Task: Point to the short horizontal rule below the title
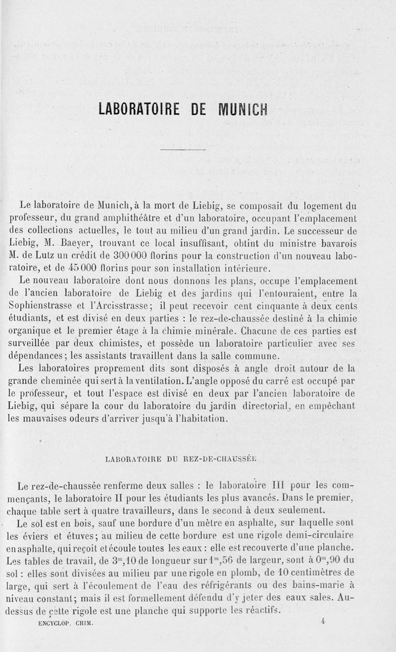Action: (x=183, y=149)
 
